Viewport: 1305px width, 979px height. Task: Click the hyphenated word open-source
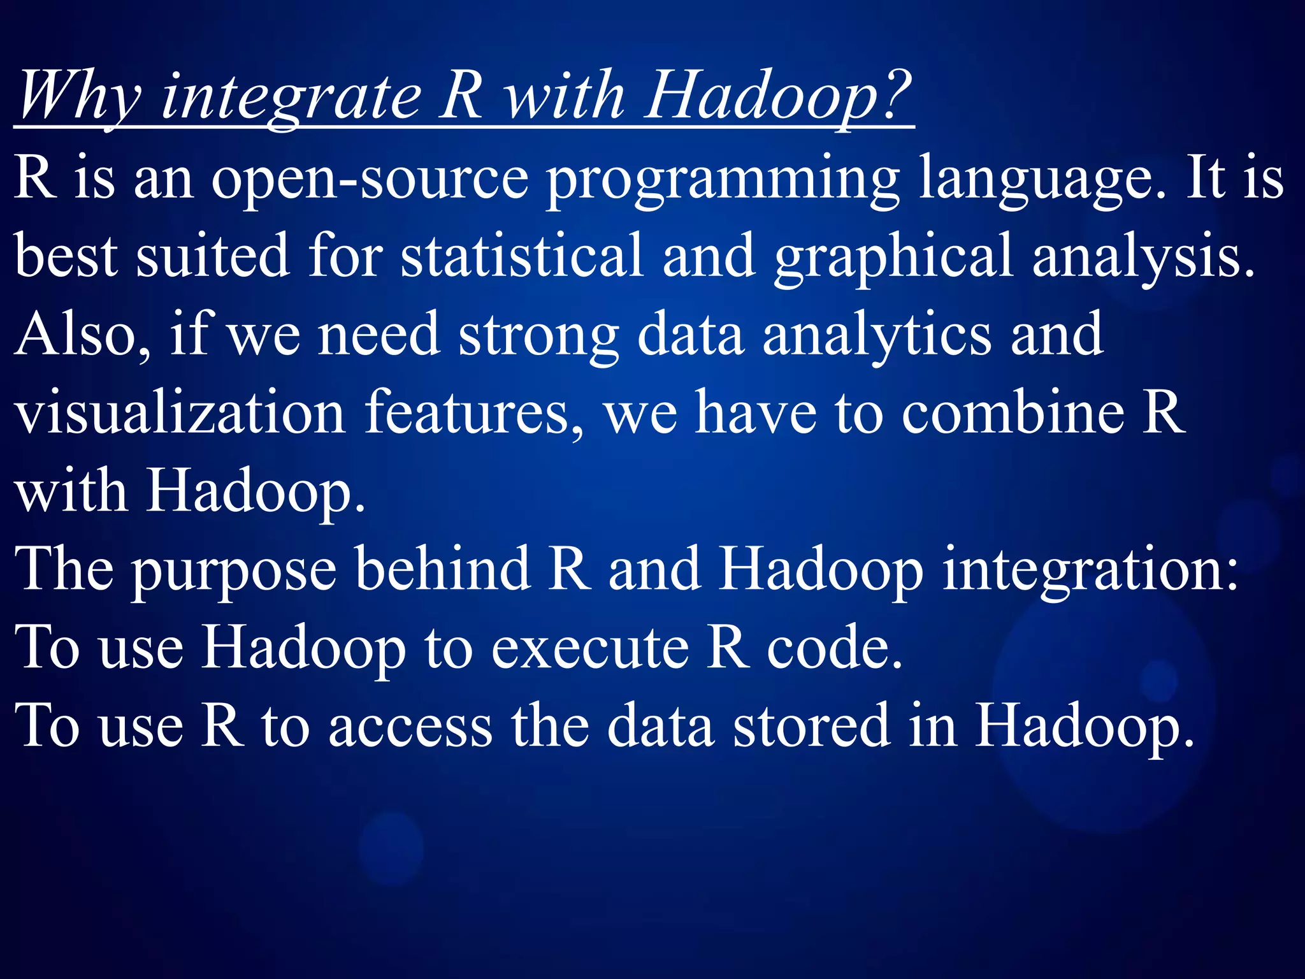click(370, 179)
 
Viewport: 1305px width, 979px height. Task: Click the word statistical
click(522, 256)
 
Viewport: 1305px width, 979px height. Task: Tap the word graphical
click(893, 258)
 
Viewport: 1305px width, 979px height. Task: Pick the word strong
click(538, 337)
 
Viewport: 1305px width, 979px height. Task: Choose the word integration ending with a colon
click(1090, 570)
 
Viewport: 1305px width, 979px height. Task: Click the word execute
click(590, 648)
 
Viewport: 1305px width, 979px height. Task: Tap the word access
click(410, 727)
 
